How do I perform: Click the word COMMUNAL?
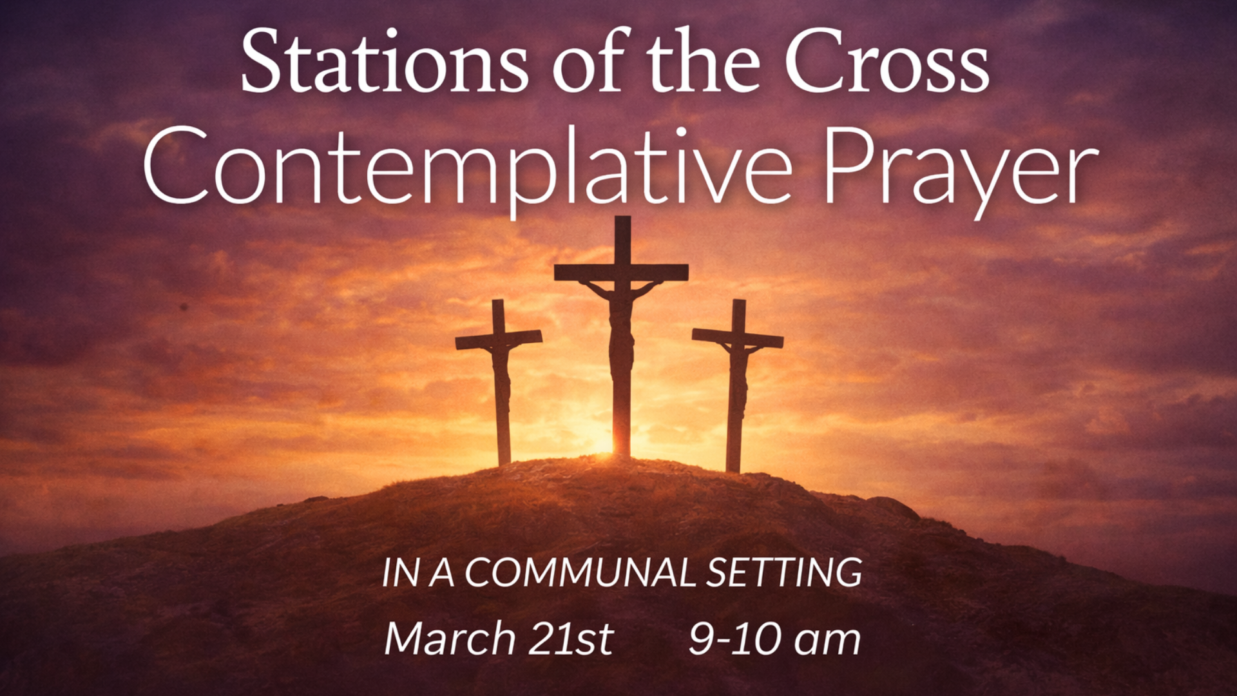coord(580,572)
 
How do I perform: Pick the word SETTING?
coord(784,572)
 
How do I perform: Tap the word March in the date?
coord(450,639)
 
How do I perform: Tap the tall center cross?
coord(621,335)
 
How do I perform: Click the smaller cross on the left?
coord(499,380)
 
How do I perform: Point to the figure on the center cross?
coord(621,329)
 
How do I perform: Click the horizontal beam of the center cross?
coord(621,272)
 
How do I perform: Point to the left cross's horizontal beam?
coord(499,340)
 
